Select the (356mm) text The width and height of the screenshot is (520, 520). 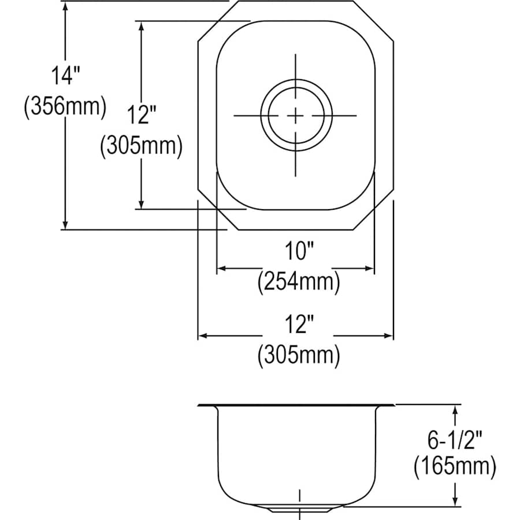click(65, 107)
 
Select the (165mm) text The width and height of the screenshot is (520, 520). click(455, 467)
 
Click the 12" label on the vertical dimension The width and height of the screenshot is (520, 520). click(141, 115)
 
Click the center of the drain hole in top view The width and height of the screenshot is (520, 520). click(296, 116)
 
